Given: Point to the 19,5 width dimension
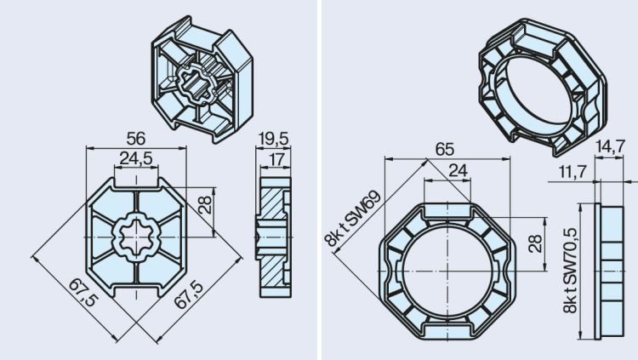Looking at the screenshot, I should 272,137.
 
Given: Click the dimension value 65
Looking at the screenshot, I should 444,149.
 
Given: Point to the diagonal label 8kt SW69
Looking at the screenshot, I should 352,218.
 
